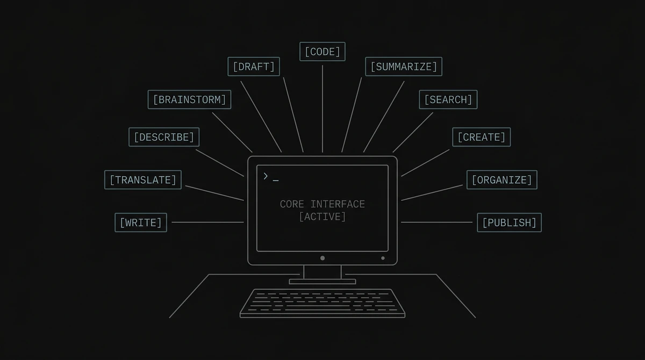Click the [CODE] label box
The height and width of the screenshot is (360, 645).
(322, 52)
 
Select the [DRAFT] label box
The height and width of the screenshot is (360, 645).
(253, 67)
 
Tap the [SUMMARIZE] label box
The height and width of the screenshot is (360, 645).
(404, 67)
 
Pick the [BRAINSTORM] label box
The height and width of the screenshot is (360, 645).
(189, 99)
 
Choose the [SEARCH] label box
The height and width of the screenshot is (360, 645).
(448, 99)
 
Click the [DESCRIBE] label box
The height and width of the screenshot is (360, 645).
(164, 137)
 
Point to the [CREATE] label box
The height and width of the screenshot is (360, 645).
(481, 137)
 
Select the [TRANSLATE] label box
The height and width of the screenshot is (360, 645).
(143, 180)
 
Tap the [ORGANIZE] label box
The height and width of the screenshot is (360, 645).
(501, 180)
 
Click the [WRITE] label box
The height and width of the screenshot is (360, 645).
(140, 222)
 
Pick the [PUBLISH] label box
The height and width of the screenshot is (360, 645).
(509, 222)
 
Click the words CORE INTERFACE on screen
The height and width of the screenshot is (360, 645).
(322, 204)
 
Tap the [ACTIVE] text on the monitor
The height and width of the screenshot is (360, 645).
(322, 217)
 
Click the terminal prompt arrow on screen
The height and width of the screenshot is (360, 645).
(266, 176)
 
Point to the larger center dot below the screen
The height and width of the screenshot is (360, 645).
(322, 258)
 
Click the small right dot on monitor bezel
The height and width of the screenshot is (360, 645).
(383, 258)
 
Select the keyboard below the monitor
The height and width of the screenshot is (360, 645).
(322, 303)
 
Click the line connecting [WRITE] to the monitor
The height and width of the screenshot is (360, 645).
(207, 222)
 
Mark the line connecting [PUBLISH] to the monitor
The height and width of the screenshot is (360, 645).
(436, 222)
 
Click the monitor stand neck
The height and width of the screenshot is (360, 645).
(322, 272)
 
